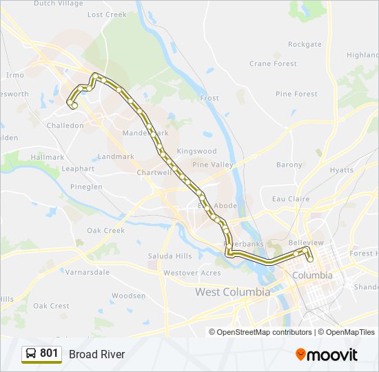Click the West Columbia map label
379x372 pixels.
232,291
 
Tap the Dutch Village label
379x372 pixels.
58,3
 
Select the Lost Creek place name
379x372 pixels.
107,14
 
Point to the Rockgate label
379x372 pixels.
305,44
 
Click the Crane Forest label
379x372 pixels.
273,64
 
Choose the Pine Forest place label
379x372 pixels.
296,94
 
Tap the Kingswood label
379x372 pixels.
196,151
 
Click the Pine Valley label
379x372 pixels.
213,165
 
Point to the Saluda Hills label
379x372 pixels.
170,256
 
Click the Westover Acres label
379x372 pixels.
192,273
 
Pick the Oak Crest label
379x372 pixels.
51,306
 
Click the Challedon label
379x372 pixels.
65,125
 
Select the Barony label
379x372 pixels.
289,165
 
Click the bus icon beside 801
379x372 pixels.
31,353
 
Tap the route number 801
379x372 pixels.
49,353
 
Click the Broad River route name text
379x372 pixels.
96,354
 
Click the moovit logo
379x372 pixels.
327,354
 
